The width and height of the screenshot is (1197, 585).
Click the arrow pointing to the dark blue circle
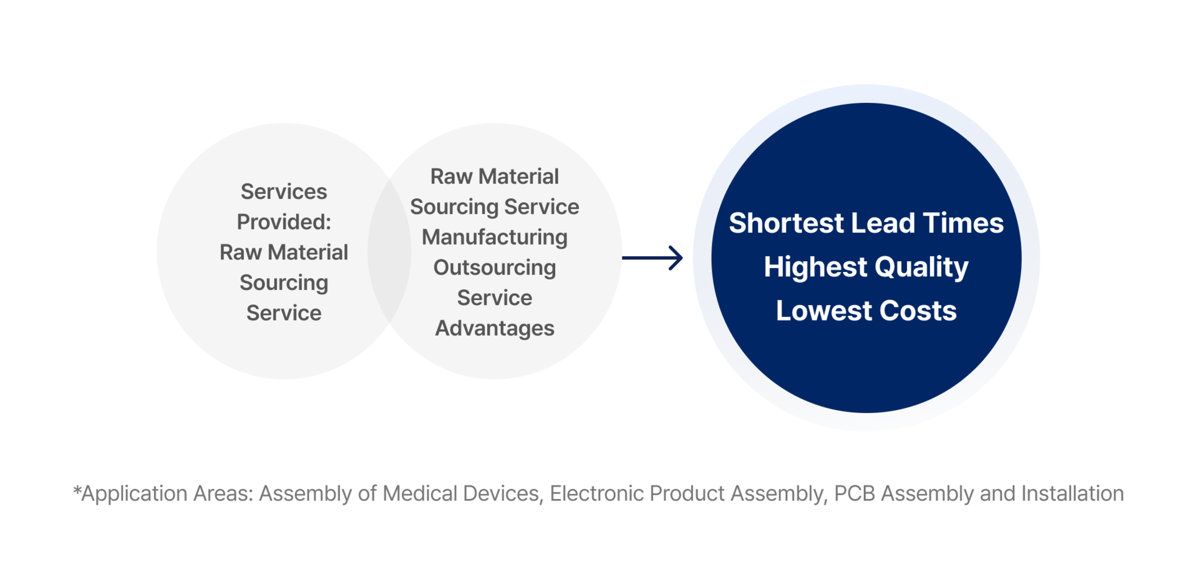pyautogui.click(x=652, y=258)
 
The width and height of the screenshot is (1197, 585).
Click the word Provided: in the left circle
pyautogui.click(x=284, y=222)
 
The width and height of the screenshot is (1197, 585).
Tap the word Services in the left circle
pyautogui.click(x=284, y=191)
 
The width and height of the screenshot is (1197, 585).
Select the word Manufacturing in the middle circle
pyautogui.click(x=495, y=238)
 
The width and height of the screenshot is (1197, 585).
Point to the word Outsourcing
pyautogui.click(x=495, y=268)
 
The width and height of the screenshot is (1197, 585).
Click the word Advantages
pyautogui.click(x=495, y=328)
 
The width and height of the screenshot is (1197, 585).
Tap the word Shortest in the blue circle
pyautogui.click(x=786, y=223)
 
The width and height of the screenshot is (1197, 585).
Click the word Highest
pyautogui.click(x=816, y=267)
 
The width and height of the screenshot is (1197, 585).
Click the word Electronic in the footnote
pyautogui.click(x=596, y=493)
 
